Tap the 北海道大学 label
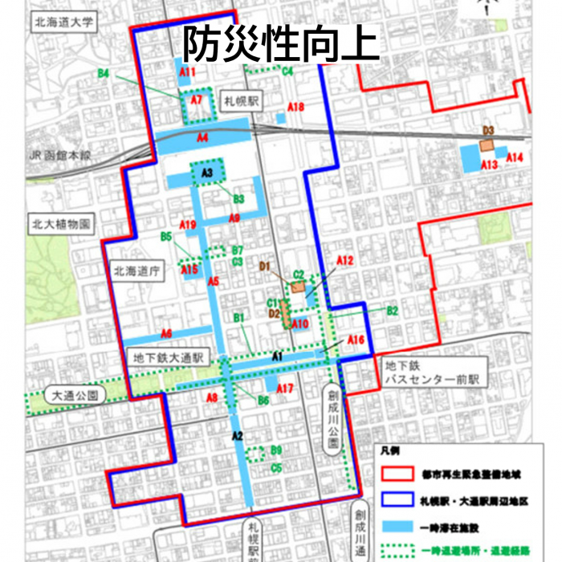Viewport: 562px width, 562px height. click(x=61, y=22)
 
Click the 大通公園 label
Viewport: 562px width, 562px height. click(x=75, y=395)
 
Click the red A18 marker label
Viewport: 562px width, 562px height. click(x=295, y=108)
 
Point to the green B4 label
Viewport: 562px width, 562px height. click(x=104, y=74)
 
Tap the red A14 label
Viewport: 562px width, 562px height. click(x=515, y=157)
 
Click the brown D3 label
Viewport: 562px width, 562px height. click(x=487, y=130)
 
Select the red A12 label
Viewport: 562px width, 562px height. click(x=344, y=261)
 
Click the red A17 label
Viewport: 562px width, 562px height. click(x=285, y=389)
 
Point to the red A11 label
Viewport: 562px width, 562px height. click(x=188, y=73)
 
